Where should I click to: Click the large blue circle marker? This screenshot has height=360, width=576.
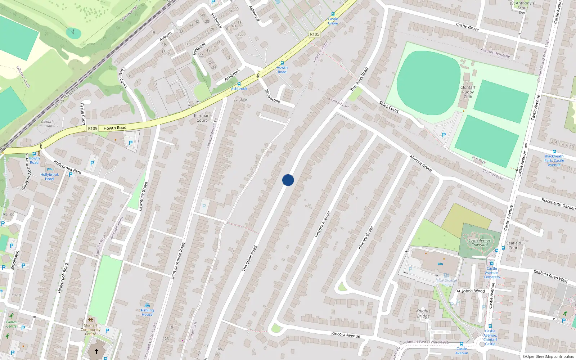tap(288, 180)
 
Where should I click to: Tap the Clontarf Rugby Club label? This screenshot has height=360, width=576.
tap(468, 92)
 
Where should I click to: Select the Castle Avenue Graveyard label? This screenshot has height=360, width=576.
tap(480, 243)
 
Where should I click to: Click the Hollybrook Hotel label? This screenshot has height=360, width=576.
tap(50, 176)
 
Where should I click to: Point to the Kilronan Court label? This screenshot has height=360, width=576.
tap(202, 118)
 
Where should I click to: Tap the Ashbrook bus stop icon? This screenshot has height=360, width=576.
tap(239, 84)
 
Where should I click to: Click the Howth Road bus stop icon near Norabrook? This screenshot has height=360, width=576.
tap(282, 63)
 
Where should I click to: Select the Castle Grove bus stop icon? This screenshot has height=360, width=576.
tap(333, 14)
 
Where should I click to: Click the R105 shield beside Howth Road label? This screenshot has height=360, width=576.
tap(93, 128)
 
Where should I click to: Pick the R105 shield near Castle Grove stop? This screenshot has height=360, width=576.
tap(315, 34)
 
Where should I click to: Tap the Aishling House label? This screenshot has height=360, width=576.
tap(147, 312)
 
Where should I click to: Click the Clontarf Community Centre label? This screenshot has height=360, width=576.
tap(91, 329)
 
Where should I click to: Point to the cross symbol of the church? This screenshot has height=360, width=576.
tap(96, 351)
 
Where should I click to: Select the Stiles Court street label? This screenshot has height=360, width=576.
tap(389, 107)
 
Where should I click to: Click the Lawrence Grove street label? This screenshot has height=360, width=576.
tap(143, 196)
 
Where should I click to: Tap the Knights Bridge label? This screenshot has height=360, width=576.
tap(423, 313)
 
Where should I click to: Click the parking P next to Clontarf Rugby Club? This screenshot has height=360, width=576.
tap(444, 135)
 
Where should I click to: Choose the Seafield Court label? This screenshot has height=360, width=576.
tap(514, 245)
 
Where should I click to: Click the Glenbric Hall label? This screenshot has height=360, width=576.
tap(48, 124)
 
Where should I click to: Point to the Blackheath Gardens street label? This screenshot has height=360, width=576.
tap(558, 204)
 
